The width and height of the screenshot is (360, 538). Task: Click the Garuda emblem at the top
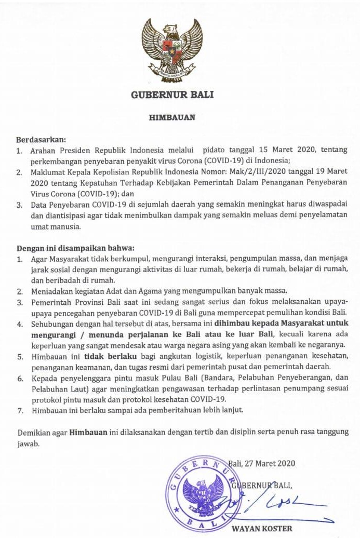tap(172, 50)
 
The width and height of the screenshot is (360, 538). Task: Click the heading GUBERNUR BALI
tap(172, 95)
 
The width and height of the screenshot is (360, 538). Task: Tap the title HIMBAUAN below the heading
tap(172, 117)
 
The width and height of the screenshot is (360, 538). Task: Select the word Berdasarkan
tap(41, 140)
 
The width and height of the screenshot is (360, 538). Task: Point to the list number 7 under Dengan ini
tap(20, 410)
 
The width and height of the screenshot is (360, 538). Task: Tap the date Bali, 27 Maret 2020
tap(261, 463)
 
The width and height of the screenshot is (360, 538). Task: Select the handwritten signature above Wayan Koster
tap(281, 503)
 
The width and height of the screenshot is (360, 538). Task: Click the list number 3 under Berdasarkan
tap(20, 205)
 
